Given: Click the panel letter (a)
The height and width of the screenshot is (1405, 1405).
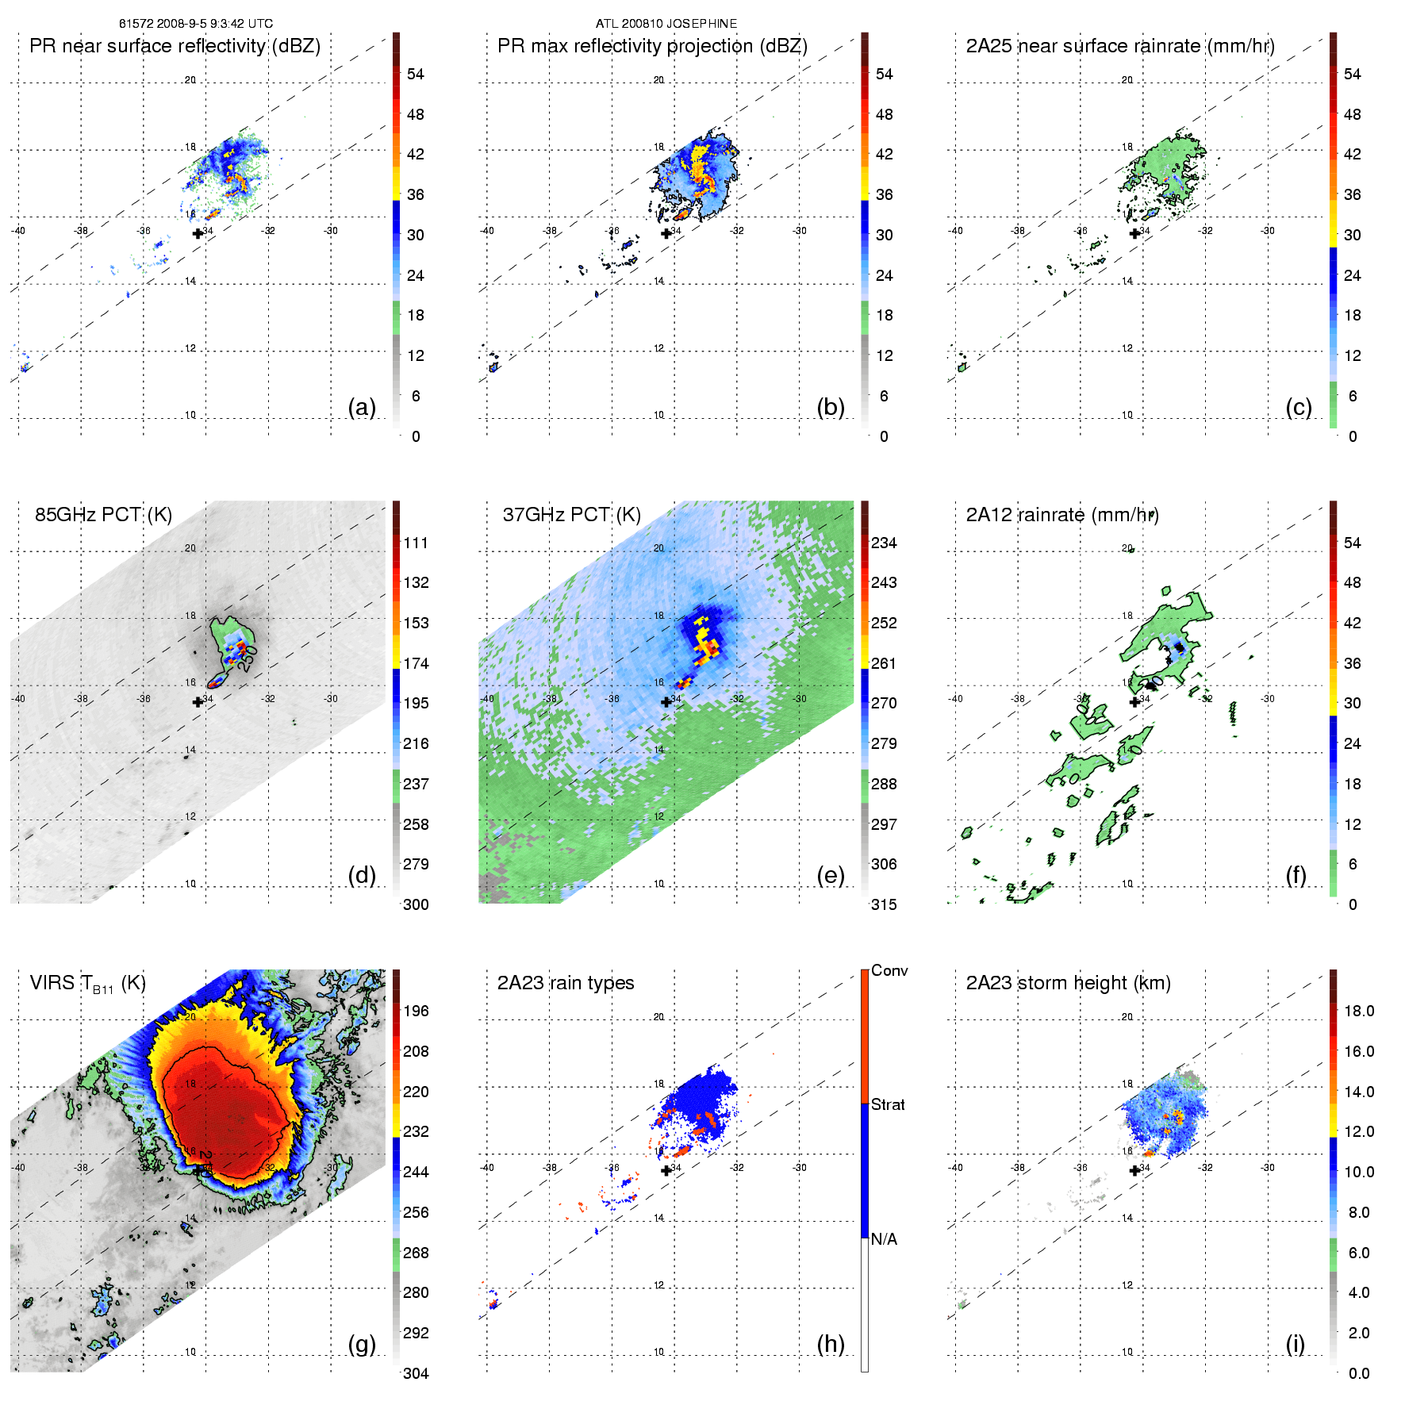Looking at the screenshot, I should coord(362,407).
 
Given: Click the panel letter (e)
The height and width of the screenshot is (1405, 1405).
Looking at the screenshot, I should coord(830,875).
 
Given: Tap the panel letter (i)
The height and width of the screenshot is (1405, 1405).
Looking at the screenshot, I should coord(1295,1344).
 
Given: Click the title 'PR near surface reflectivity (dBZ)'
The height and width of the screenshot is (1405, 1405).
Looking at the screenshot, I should coord(175,46).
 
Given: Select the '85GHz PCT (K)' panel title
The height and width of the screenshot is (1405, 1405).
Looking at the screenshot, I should coord(103,515).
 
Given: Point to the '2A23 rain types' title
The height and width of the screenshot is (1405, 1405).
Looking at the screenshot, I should coord(566,983).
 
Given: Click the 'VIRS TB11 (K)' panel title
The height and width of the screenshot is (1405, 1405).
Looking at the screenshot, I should coord(87,984).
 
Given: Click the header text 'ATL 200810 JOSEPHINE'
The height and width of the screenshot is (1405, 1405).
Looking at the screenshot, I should coord(666,24).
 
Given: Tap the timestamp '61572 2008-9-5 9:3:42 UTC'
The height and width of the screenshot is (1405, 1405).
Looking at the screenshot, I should coord(196,24).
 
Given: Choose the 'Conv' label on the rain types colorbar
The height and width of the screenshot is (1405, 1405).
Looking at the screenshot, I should coord(889,971).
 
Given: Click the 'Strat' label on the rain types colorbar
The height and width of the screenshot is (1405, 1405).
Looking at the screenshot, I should coord(888,1105).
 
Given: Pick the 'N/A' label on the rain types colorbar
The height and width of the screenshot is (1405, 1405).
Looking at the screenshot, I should coord(885,1239).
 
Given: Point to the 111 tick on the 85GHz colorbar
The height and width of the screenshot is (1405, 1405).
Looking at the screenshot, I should coord(416,543).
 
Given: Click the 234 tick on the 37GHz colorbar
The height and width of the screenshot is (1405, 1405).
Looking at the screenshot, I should coord(884,543).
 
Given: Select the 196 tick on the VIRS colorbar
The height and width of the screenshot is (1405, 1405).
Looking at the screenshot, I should coord(416,1012).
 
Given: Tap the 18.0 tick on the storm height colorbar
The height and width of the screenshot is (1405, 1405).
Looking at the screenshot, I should coord(1359,1012).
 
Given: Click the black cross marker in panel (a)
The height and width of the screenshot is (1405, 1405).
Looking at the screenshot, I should coord(198,233).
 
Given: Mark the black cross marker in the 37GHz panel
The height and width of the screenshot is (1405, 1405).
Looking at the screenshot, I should coord(666,701).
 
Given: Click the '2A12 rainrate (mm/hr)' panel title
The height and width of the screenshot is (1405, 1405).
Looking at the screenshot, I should coord(1062,515).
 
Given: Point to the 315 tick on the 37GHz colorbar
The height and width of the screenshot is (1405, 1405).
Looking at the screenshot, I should coord(884,905).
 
